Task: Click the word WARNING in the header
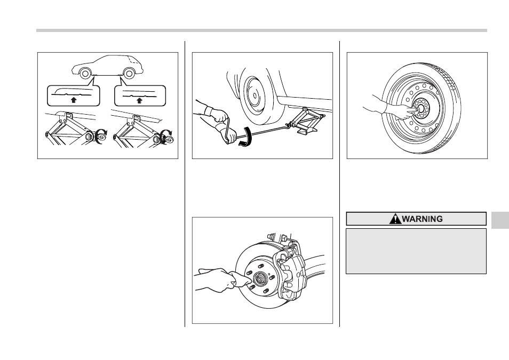click(422, 219)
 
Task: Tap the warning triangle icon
click(395, 219)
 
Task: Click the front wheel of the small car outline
click(85, 74)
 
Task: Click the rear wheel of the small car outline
click(129, 74)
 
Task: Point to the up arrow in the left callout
click(74, 100)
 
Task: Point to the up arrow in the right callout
click(140, 100)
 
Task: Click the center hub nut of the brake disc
click(260, 279)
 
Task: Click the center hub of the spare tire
click(421, 108)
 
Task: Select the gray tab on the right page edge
click(500, 220)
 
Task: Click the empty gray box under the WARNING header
click(416, 251)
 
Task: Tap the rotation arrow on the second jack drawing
click(166, 136)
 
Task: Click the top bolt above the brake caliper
click(283, 238)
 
